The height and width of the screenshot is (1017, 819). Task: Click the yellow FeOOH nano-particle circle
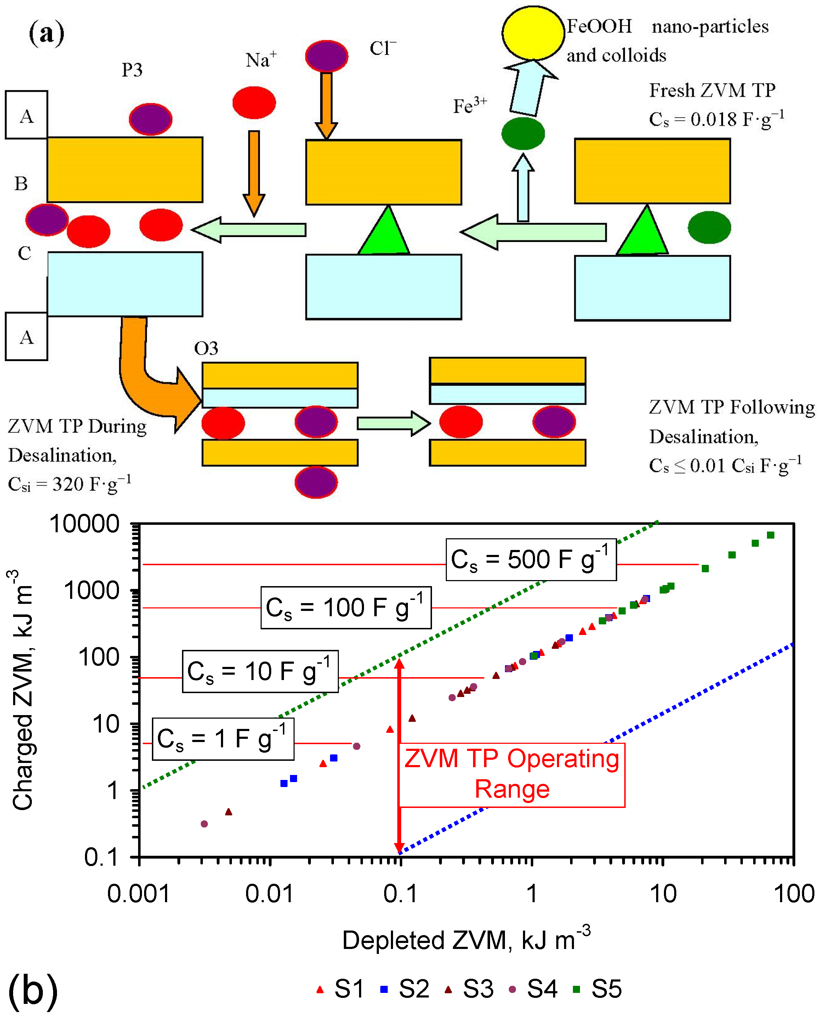pyautogui.click(x=533, y=33)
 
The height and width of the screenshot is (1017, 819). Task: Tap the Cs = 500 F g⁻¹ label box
pyautogui.click(x=531, y=560)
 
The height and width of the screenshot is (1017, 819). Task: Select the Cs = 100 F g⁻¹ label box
pyautogui.click(x=346, y=608)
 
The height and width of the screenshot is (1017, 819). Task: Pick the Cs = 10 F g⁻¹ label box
pyautogui.click(x=260, y=672)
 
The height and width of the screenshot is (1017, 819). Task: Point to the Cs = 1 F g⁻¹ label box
pyautogui.click(x=223, y=739)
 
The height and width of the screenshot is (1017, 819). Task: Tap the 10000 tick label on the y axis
pyautogui.click(x=85, y=524)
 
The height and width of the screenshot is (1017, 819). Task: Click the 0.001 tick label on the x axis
pyautogui.click(x=138, y=894)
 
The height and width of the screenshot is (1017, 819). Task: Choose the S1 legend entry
pyautogui.click(x=341, y=989)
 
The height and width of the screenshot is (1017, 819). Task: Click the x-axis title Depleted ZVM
pyautogui.click(x=466, y=940)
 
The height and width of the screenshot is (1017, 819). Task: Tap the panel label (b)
pyautogui.click(x=33, y=990)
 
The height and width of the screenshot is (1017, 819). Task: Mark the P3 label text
pyautogui.click(x=132, y=70)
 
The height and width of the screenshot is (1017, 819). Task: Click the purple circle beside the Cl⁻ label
pyautogui.click(x=326, y=56)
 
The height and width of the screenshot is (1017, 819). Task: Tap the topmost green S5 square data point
pyautogui.click(x=770, y=535)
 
